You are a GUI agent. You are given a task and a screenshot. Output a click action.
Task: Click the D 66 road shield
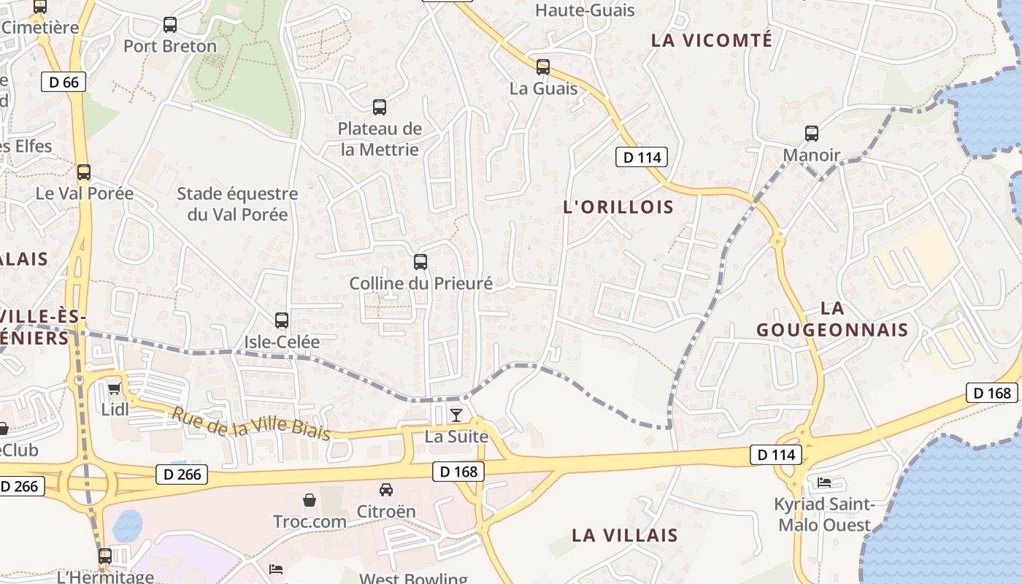(64, 82)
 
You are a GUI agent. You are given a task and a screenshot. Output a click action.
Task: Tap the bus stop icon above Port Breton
(170, 25)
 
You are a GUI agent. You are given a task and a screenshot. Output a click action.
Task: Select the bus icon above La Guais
(543, 67)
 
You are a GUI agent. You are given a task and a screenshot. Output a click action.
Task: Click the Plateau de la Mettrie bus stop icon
(380, 107)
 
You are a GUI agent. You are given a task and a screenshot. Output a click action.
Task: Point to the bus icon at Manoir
(812, 134)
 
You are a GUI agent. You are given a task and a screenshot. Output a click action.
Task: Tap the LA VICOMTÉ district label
(711, 40)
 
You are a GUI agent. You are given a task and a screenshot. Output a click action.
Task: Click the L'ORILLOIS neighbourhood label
(618, 207)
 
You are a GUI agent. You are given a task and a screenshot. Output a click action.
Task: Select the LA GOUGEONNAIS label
(832, 319)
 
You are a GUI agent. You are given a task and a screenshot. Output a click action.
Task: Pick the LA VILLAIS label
(624, 535)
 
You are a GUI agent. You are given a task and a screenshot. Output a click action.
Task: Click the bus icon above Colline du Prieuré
(420, 262)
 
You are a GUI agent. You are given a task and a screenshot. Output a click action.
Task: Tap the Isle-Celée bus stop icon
(282, 320)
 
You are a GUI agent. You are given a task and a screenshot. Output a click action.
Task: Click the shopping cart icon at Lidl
(115, 388)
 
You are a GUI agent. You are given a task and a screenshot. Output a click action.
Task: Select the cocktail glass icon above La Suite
(456, 415)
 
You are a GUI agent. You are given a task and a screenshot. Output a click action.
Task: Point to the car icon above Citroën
(386, 490)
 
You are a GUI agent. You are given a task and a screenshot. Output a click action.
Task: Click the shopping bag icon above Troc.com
(310, 500)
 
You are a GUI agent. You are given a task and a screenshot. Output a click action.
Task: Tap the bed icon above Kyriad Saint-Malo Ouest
(824, 483)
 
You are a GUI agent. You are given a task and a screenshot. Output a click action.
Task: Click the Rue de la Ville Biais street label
(250, 423)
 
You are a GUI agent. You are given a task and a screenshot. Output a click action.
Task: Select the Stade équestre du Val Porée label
(238, 204)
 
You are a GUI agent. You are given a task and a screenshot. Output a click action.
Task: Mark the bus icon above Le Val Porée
(84, 172)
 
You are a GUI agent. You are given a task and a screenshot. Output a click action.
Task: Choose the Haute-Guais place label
(585, 10)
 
